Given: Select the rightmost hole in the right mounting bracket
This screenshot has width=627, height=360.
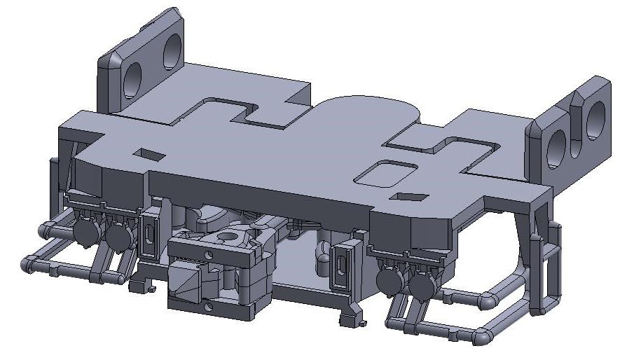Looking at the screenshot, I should [x=596, y=119].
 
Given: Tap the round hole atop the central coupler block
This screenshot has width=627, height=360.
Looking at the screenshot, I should [x=227, y=238].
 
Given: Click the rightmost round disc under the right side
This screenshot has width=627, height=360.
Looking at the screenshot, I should [x=422, y=285].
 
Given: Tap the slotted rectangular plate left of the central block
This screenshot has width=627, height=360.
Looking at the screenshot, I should [x=149, y=236].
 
